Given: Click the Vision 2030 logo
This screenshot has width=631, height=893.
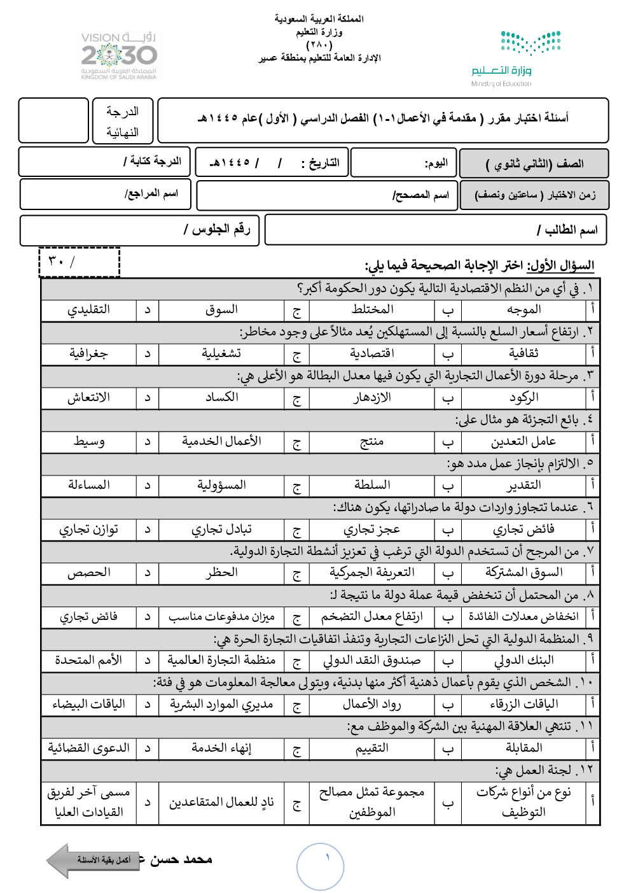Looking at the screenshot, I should (x=119, y=56).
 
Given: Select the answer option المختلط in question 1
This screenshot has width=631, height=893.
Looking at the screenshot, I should (x=372, y=310).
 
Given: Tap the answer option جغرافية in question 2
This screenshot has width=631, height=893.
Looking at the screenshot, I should (x=88, y=354).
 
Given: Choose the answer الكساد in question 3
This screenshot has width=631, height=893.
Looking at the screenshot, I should (x=221, y=397).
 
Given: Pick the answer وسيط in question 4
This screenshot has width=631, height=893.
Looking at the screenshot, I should (x=88, y=441).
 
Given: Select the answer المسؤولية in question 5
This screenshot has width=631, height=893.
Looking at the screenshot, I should (x=221, y=485).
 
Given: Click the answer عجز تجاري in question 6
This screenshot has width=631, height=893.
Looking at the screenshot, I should (x=372, y=530).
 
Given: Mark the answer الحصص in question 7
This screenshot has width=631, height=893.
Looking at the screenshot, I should (x=88, y=573).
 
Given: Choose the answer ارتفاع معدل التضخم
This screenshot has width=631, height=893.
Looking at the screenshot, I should (x=372, y=617).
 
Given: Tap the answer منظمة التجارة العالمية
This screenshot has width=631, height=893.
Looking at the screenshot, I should (x=221, y=661).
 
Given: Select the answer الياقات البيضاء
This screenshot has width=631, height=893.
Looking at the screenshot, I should (x=88, y=705).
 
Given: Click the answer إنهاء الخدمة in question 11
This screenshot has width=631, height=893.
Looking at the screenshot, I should (x=221, y=749).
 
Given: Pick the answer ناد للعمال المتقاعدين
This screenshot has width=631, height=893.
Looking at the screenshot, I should (x=221, y=803).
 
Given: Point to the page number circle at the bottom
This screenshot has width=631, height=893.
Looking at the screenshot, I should (x=321, y=866).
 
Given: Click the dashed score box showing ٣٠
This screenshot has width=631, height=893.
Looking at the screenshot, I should (x=80, y=262).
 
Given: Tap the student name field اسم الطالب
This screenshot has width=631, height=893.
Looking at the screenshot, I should (x=436, y=230).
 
